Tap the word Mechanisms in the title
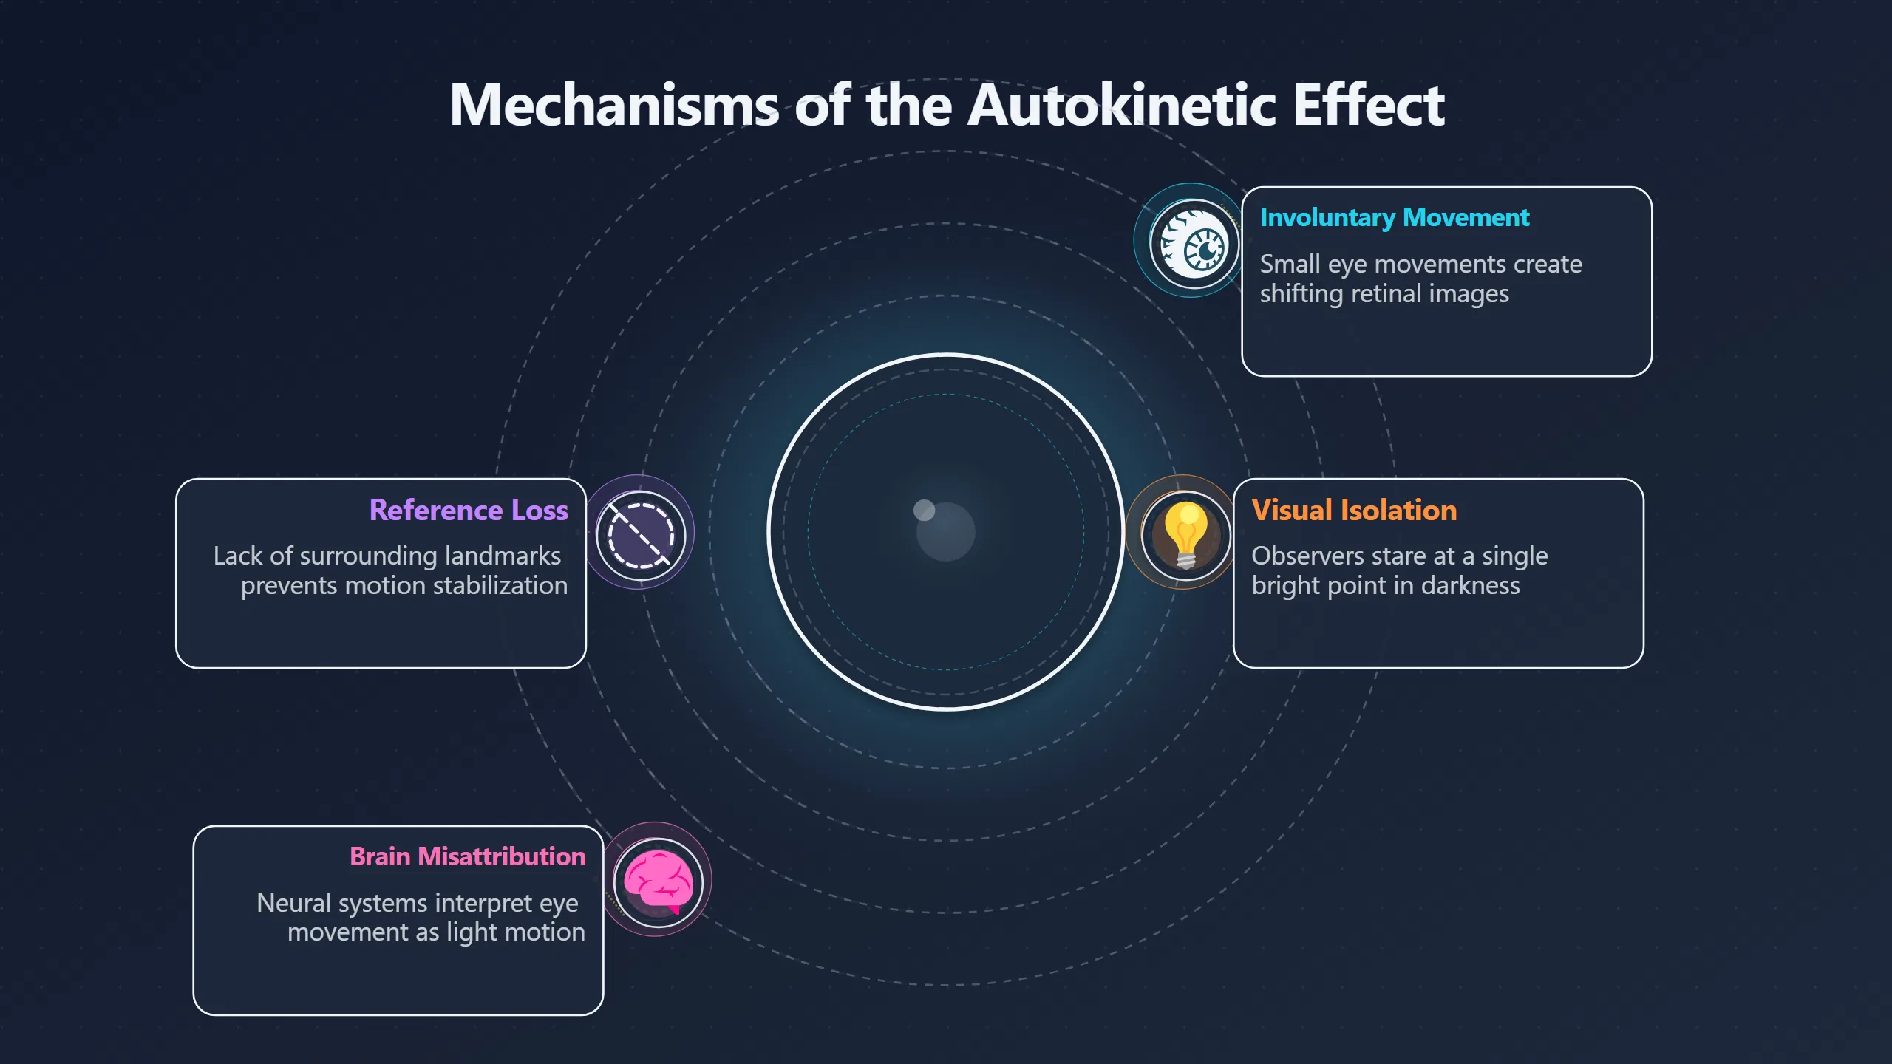click(x=614, y=105)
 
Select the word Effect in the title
click(x=1369, y=105)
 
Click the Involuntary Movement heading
click(x=1395, y=218)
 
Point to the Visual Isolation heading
click(x=1354, y=511)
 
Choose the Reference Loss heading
click(x=469, y=511)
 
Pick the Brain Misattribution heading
click(x=468, y=856)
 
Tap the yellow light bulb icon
click(x=1186, y=535)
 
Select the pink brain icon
click(x=658, y=881)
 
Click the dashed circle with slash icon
click(x=641, y=536)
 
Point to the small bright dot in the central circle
click(x=924, y=510)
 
